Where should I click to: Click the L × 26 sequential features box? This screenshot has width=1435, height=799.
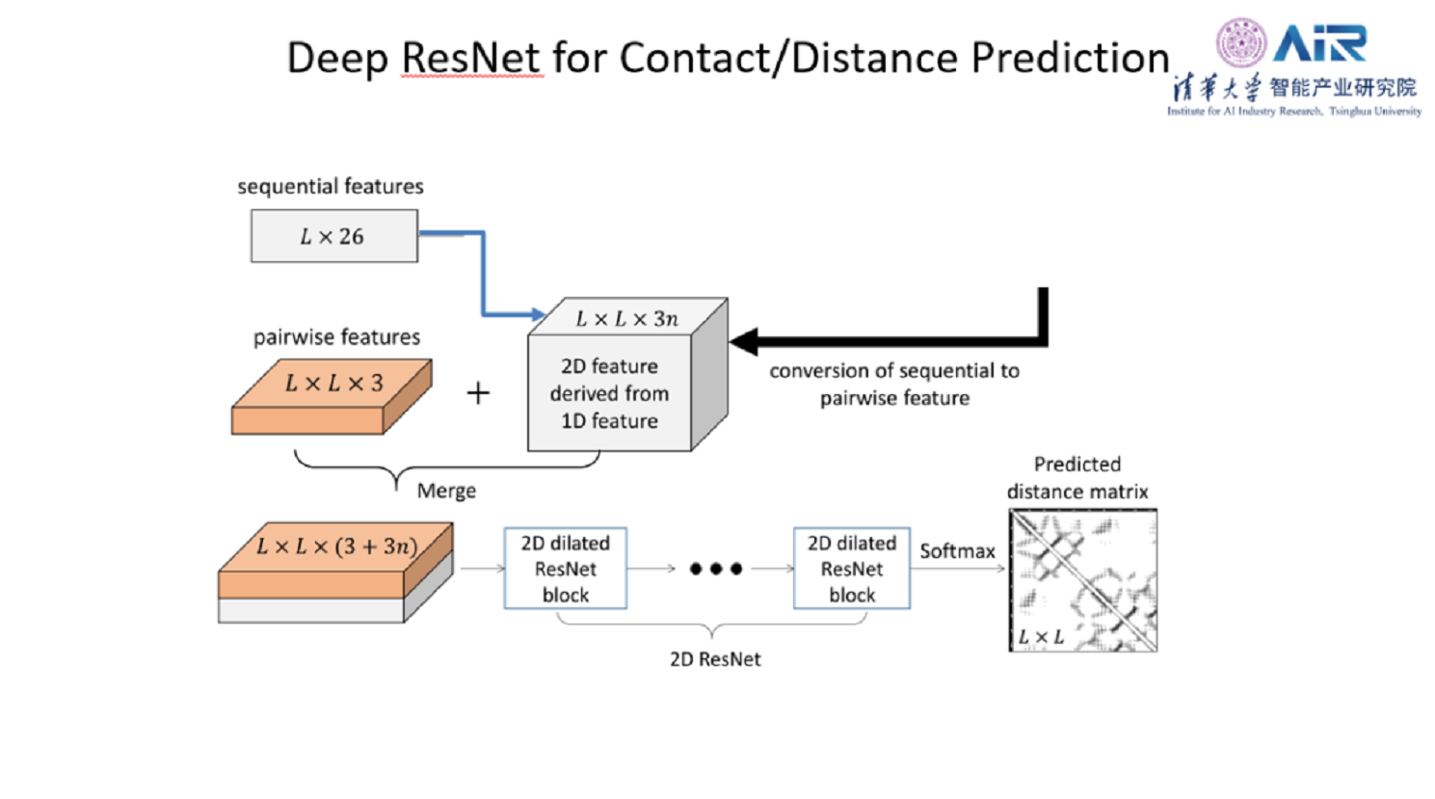pyautogui.click(x=333, y=236)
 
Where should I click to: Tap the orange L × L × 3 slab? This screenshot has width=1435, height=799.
pyautogui.click(x=332, y=395)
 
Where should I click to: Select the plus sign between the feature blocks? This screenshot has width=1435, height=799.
pyautogui.click(x=478, y=393)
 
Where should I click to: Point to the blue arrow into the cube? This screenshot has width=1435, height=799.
pyautogui.click(x=484, y=275)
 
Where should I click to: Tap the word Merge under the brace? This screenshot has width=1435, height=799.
pyautogui.click(x=446, y=492)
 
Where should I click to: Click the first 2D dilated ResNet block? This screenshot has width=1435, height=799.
pyautogui.click(x=566, y=569)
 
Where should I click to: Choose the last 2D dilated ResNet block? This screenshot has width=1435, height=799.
pyautogui.click(x=852, y=569)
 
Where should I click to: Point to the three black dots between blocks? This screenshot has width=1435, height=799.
pyautogui.click(x=716, y=569)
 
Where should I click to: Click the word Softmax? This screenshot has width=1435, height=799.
pyautogui.click(x=957, y=551)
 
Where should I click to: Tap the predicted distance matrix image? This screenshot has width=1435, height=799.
pyautogui.click(x=1082, y=580)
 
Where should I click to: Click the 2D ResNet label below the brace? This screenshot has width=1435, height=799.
pyautogui.click(x=715, y=659)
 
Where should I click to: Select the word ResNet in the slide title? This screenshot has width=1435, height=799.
pyautogui.click(x=471, y=58)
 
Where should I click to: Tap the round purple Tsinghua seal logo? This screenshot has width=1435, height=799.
pyautogui.click(x=1240, y=42)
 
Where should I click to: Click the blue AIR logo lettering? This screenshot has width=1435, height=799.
pyautogui.click(x=1319, y=43)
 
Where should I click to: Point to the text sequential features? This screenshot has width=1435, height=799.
pyautogui.click(x=331, y=186)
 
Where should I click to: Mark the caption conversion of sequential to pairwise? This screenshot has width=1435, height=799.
pyautogui.click(x=894, y=385)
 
